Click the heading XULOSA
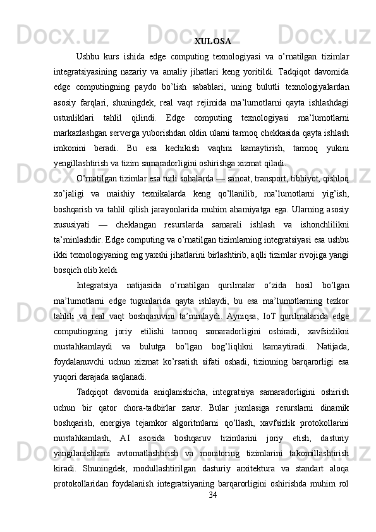point(212,42)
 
